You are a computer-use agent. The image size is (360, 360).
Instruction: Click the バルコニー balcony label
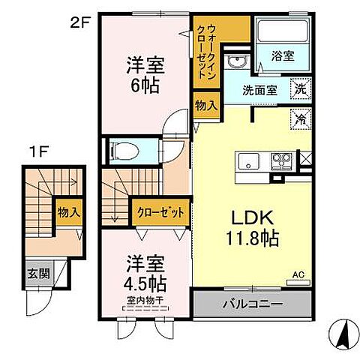[250, 305]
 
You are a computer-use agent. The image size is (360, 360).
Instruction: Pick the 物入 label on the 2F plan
[205, 104]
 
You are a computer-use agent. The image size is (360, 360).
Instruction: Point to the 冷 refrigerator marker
[300, 118]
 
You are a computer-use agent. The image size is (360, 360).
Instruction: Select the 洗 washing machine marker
[301, 87]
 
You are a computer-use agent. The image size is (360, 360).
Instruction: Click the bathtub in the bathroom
[282, 31]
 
